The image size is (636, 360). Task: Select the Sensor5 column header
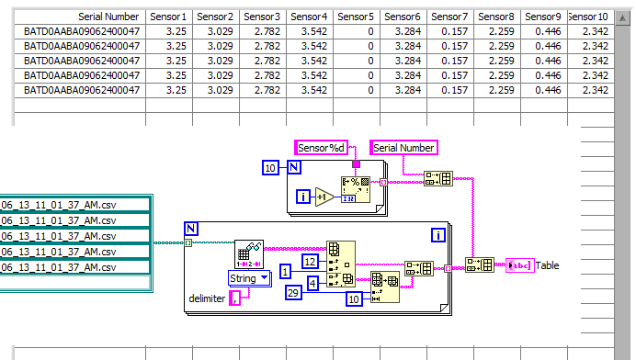[355, 17]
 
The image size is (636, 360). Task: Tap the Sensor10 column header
[588, 17]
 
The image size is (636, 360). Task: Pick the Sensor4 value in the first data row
[308, 31]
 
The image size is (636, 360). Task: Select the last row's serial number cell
[82, 90]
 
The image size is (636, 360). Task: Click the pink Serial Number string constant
[403, 147]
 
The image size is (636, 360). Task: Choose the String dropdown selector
[249, 277]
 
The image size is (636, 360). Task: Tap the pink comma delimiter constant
[235, 298]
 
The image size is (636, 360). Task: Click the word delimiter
[207, 298]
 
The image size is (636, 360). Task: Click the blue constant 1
[286, 272]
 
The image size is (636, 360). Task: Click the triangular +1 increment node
[324, 197]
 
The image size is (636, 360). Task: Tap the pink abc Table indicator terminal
[518, 265]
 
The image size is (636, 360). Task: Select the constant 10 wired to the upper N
[270, 167]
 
